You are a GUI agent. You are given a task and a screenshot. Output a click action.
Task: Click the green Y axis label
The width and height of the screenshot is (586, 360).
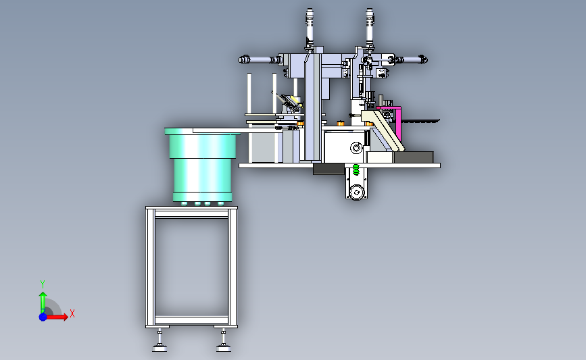click(x=43, y=284)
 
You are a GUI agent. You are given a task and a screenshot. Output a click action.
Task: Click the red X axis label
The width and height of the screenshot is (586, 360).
click(x=72, y=313)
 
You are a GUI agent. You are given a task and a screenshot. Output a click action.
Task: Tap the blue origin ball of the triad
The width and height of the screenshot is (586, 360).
click(x=43, y=317)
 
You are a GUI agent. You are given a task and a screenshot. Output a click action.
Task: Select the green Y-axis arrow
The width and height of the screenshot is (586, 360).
click(x=43, y=302)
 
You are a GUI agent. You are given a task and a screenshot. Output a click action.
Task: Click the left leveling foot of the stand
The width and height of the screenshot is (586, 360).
click(x=160, y=341)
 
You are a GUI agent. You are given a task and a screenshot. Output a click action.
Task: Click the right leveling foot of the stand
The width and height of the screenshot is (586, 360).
click(x=224, y=341)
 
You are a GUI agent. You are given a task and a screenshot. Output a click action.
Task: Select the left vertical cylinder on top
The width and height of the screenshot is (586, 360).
click(x=310, y=28)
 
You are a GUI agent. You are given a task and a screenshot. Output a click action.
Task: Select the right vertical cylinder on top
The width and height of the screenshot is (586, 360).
click(x=370, y=27)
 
